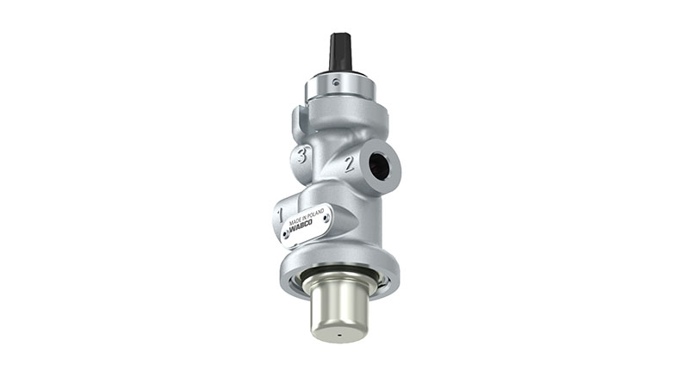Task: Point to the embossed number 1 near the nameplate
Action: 281,208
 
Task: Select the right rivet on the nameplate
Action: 326,220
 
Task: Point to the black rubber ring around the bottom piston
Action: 338,277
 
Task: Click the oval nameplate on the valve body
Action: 302,224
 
